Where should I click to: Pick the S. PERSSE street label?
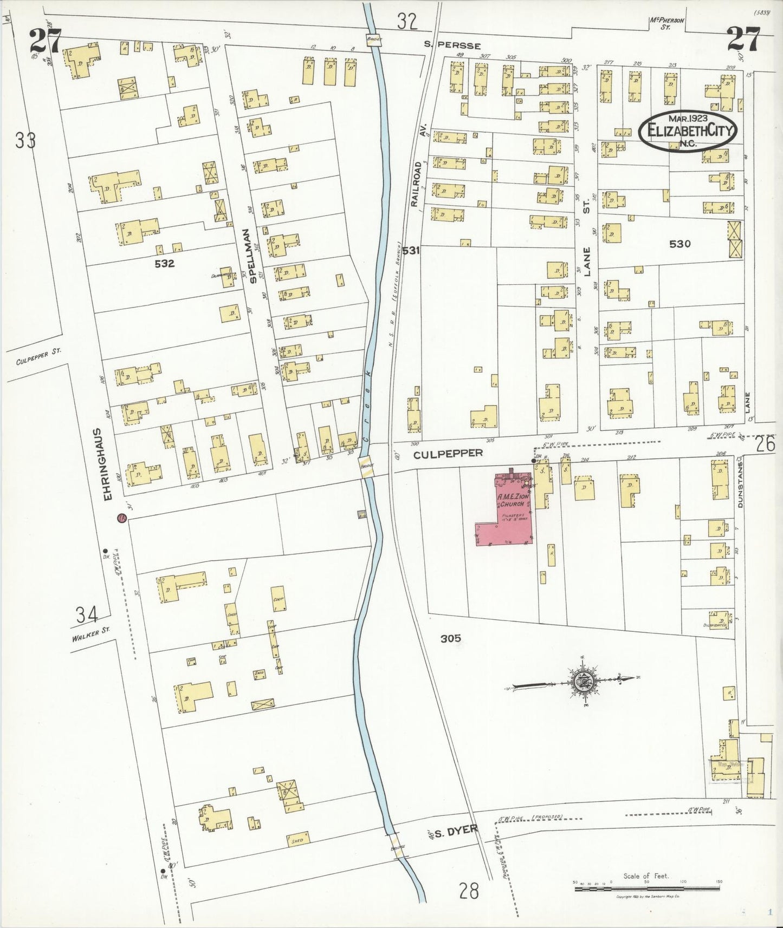tap(458, 46)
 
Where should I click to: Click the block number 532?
tap(164, 264)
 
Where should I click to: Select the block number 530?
tap(680, 244)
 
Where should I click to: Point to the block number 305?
tap(450, 639)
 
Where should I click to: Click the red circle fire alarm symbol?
tap(122, 518)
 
